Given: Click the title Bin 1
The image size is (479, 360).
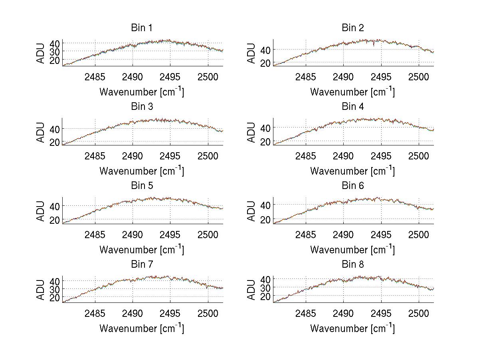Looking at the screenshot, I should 142,28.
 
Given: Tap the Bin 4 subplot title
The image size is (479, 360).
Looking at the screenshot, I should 352,107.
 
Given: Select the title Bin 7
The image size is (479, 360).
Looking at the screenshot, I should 142,265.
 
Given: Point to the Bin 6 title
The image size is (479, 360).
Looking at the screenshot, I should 352,186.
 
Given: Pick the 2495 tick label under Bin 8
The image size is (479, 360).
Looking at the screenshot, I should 381,313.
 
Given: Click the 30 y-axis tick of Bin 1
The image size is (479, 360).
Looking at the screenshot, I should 54,52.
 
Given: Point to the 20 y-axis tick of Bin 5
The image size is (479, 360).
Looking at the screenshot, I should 54,220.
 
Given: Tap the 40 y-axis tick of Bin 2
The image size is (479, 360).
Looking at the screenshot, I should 265,50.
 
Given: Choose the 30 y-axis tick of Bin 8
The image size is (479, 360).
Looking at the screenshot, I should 265,288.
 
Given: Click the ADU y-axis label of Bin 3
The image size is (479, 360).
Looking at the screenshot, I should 41,132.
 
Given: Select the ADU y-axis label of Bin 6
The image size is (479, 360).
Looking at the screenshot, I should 251,211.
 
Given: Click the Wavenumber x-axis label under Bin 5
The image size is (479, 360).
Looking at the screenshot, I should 142,250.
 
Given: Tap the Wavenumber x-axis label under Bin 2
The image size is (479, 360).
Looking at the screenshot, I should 352,92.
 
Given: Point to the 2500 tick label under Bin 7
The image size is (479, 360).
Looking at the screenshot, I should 208,313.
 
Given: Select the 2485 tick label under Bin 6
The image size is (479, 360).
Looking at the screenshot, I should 306,234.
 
